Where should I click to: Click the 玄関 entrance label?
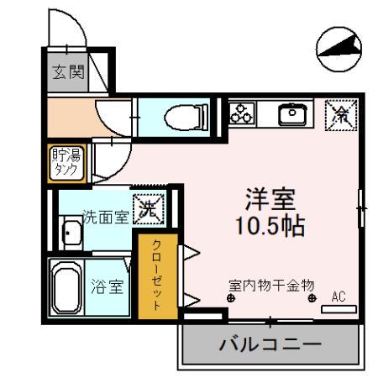tap(70, 72)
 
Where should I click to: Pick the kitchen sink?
tap(294, 113)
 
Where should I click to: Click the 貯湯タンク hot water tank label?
tap(65, 161)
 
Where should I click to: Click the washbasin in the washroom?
tap(70, 234)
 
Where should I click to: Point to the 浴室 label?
tap(108, 286)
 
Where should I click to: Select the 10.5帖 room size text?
tap(269, 226)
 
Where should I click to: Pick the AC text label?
tap(339, 296)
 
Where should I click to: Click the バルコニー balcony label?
tap(270, 344)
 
